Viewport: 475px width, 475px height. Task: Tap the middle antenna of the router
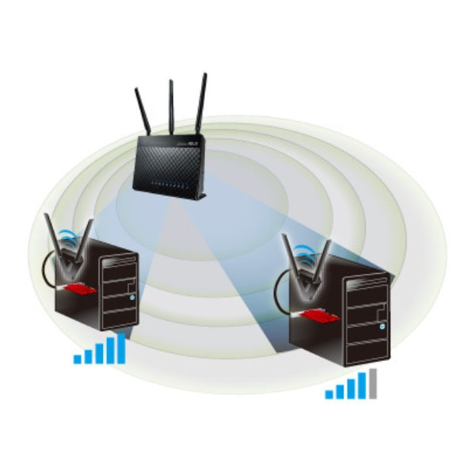(171, 107)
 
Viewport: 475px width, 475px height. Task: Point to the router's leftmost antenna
(145, 112)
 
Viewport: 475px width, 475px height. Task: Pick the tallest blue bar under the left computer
(120, 348)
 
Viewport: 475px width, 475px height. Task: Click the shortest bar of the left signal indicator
(78, 359)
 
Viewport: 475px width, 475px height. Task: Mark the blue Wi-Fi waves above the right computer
(303, 255)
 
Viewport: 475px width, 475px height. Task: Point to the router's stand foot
(202, 196)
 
